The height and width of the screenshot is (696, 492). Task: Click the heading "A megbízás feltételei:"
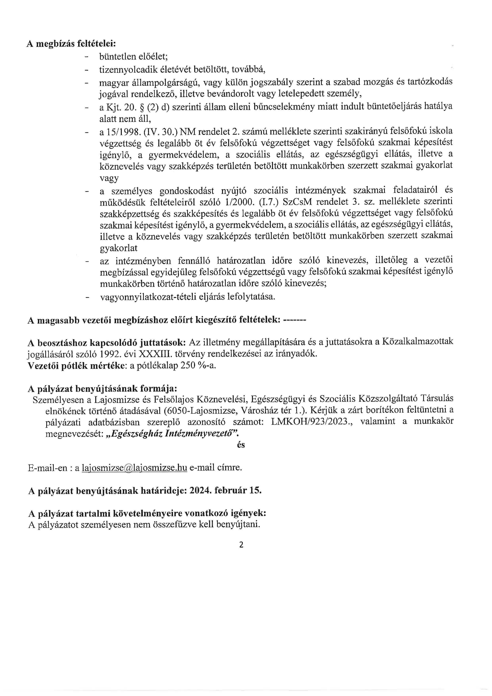click(x=71, y=44)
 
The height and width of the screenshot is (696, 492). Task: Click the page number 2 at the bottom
click(x=241, y=545)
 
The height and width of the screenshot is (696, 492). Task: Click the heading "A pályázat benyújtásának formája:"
click(x=102, y=389)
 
